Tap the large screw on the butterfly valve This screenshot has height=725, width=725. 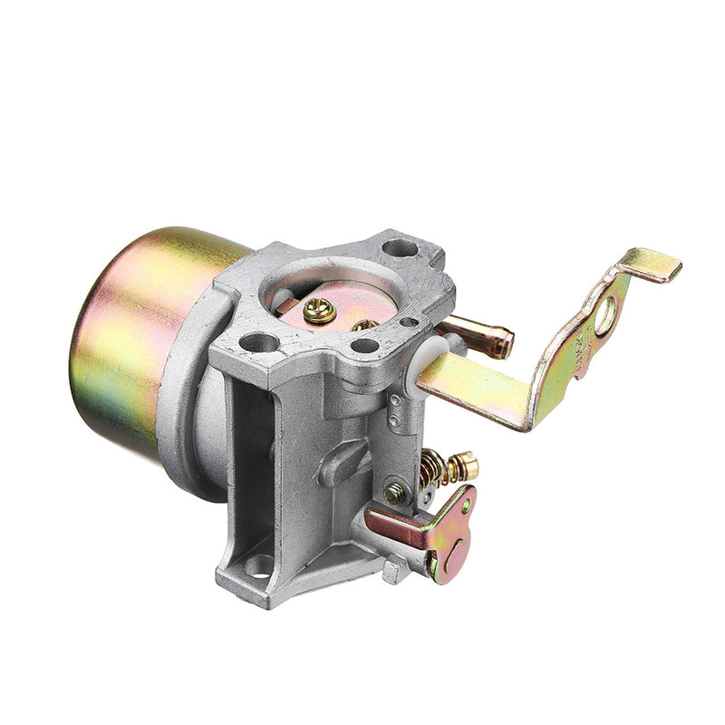[320, 311]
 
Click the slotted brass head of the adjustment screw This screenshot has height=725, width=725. [465, 467]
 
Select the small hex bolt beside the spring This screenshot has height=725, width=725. [394, 494]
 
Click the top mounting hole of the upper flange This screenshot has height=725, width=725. [399, 247]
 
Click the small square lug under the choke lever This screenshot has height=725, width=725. [391, 571]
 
